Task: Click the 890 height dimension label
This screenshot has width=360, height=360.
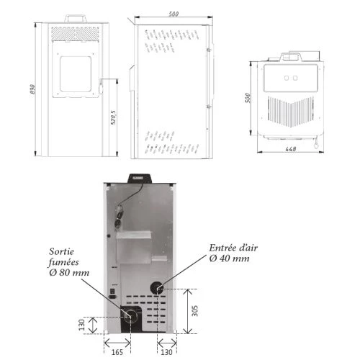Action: (33, 89)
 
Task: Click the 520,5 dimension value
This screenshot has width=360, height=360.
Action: (113, 117)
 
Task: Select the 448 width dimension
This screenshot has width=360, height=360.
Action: (291, 149)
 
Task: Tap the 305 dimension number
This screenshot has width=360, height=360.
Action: (195, 311)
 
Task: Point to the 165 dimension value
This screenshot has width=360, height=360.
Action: (117, 352)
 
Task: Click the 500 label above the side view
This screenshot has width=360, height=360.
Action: (174, 14)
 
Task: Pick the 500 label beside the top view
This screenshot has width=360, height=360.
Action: (248, 98)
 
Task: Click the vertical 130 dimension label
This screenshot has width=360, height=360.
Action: (82, 325)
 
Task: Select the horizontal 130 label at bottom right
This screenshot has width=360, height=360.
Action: (166, 352)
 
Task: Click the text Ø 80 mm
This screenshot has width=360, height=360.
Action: (69, 273)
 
